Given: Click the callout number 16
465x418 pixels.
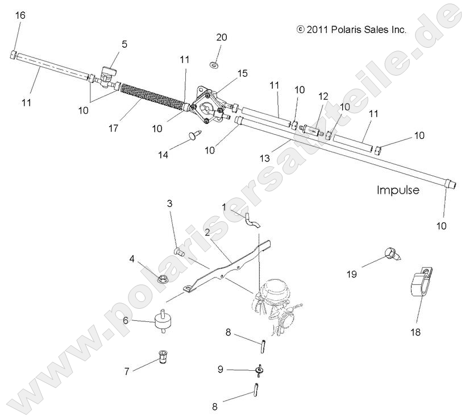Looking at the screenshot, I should point(20,15).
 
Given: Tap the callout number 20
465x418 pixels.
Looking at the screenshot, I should point(221,38).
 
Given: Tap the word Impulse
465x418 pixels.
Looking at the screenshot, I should point(397,190).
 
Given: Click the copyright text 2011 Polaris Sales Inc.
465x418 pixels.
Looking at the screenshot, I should point(351,30).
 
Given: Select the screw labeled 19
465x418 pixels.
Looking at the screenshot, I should point(394,253).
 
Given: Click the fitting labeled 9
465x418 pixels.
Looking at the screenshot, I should point(260,370).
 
